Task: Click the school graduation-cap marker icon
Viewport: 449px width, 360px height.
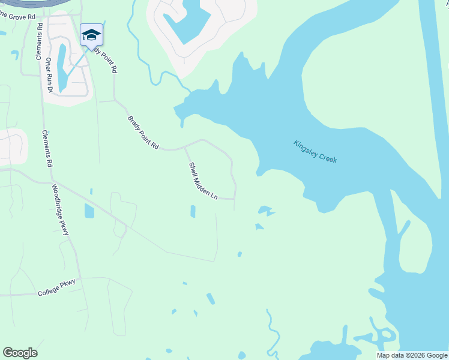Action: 92,35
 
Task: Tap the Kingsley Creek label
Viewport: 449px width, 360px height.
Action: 315,152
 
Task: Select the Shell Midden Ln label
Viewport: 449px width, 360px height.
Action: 203,181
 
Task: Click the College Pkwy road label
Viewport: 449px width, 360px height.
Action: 57,292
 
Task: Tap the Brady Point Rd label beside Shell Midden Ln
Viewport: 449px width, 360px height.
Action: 143,133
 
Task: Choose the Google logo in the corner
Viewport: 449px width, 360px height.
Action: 20,353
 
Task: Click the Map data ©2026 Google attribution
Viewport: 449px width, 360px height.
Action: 412,355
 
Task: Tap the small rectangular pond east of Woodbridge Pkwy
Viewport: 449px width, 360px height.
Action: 89,211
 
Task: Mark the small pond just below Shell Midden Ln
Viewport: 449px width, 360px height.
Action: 193,211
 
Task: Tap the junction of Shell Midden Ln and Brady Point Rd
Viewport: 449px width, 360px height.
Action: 184,146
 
